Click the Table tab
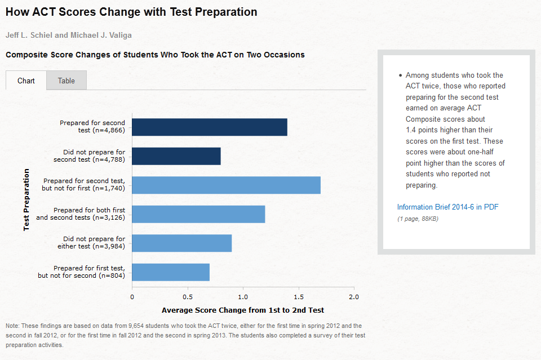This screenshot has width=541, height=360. [x=66, y=81]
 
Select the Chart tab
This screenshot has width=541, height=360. [x=26, y=81]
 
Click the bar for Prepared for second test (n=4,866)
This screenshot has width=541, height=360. [x=210, y=127]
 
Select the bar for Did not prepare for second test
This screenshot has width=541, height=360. [x=176, y=156]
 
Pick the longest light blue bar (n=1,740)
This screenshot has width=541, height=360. [x=227, y=185]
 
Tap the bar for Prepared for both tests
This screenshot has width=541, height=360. [x=198, y=214]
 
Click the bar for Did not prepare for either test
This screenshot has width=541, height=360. [x=182, y=243]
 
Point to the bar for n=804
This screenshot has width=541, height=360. [x=171, y=272]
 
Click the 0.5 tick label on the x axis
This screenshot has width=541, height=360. [x=188, y=297]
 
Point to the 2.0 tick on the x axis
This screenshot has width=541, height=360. [x=354, y=297]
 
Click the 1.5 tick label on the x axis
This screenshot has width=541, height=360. [x=299, y=297]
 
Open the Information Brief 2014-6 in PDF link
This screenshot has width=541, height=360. [x=448, y=207]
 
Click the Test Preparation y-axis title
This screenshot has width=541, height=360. [x=26, y=199]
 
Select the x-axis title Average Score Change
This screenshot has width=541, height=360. [x=243, y=310]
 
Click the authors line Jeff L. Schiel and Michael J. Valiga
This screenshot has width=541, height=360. [x=69, y=35]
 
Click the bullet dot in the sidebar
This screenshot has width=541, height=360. [x=400, y=75]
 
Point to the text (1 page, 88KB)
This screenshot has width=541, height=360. [x=418, y=219]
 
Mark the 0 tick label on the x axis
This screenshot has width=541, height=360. [x=132, y=297]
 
